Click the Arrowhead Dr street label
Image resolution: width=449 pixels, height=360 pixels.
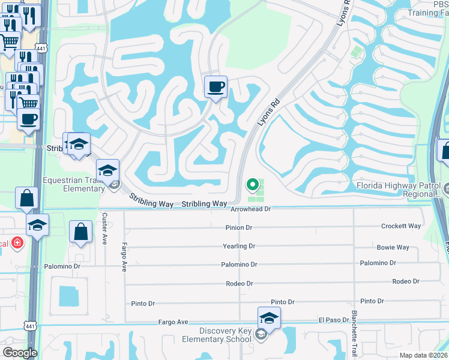[x=252, y=209]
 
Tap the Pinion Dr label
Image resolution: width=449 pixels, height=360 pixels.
[x=239, y=227]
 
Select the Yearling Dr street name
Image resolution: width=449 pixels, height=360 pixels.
[x=239, y=246]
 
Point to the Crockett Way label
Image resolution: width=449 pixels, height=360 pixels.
[x=401, y=226]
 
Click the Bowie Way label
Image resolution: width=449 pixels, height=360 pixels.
[x=393, y=247]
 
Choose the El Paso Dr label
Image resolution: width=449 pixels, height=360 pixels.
[x=334, y=320]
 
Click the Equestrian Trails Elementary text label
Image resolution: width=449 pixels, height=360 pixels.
[x=74, y=184]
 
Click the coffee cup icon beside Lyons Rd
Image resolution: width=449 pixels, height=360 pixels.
[x=216, y=86]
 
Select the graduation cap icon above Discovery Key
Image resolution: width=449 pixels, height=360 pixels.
[x=269, y=318]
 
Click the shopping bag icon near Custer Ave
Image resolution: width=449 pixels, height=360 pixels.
[x=80, y=232]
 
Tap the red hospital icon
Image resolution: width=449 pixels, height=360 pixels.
[x=18, y=243]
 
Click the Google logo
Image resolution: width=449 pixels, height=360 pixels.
[x=20, y=353]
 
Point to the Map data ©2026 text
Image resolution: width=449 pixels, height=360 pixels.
[x=423, y=355]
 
